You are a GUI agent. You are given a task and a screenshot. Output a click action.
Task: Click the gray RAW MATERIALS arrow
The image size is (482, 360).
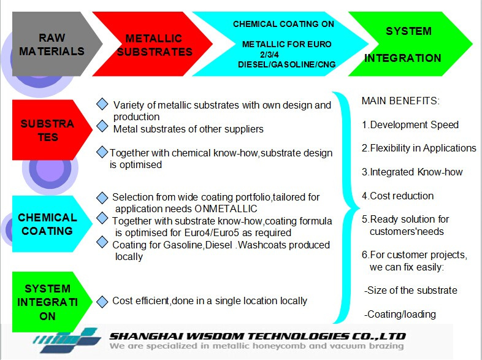point(52,44)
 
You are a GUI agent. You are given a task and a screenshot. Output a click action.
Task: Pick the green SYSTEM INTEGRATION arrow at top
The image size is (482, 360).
point(408,44)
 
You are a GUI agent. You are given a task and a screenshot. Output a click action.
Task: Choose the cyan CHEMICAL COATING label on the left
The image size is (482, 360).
point(47,224)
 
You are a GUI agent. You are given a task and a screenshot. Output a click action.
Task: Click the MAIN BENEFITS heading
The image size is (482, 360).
point(400,101)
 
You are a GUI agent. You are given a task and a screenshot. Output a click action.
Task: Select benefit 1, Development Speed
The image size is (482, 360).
point(410,124)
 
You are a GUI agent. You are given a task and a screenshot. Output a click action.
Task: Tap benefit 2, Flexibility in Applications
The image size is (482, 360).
point(419,148)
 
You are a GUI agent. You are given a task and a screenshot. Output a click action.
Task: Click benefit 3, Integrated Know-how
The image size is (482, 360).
point(412,172)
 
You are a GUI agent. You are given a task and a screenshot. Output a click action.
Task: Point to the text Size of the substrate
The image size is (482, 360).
point(410,290)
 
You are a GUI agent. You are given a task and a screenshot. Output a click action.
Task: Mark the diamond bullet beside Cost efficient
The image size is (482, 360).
point(102,301)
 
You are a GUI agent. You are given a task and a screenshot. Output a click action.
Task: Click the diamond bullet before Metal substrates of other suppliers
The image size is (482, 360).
point(102,126)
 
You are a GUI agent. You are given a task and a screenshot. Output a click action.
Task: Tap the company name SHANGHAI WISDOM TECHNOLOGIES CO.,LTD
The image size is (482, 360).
point(258,336)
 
